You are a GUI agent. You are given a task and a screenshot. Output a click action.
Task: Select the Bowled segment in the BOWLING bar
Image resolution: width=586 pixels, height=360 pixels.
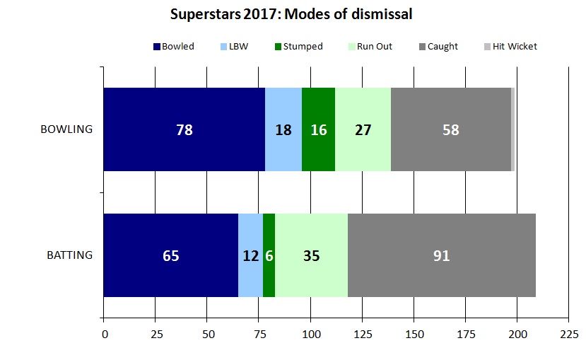pyautogui.click(x=184, y=129)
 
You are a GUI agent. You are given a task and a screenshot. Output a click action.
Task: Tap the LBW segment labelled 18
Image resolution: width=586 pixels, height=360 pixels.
pyautogui.click(x=283, y=129)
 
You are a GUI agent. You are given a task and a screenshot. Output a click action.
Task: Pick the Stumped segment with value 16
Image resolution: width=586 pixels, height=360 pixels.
pyautogui.click(x=318, y=129)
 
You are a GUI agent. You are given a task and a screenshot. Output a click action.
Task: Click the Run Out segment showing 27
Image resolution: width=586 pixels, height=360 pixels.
pyautogui.click(x=363, y=129)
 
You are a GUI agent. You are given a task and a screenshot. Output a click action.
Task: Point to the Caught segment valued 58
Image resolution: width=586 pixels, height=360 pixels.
pyautogui.click(x=450, y=129)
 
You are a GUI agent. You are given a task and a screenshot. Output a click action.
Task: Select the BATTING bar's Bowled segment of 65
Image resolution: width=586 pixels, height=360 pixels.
pyautogui.click(x=170, y=255)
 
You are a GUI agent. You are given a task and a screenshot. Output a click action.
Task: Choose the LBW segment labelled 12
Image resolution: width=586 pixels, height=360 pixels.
pyautogui.click(x=250, y=255)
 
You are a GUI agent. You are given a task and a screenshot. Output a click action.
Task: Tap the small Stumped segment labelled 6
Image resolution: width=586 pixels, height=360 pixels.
pyautogui.click(x=269, y=255)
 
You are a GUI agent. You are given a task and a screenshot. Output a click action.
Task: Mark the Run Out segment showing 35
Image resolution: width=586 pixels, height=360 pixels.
pyautogui.click(x=311, y=255)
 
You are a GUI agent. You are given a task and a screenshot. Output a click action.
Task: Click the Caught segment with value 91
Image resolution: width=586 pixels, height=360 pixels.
pyautogui.click(x=441, y=255)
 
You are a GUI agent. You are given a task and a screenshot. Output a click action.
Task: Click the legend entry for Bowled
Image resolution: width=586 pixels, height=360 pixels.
pyautogui.click(x=174, y=47)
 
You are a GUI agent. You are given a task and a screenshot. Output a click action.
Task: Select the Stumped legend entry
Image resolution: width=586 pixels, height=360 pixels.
pyautogui.click(x=298, y=47)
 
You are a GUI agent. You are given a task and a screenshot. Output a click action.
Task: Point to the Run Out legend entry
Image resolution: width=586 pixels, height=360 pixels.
pyautogui.click(x=370, y=47)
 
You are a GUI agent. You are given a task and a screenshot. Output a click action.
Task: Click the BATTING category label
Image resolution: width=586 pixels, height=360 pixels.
pyautogui.click(x=69, y=255)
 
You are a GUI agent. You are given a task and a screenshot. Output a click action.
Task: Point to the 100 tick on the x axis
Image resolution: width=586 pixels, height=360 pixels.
pyautogui.click(x=310, y=333)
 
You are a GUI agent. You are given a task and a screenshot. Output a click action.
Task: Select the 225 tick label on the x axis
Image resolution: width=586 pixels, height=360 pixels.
pyautogui.click(x=568, y=333)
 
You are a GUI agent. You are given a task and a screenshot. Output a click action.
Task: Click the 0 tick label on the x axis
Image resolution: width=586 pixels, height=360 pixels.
pyautogui.click(x=104, y=333)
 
